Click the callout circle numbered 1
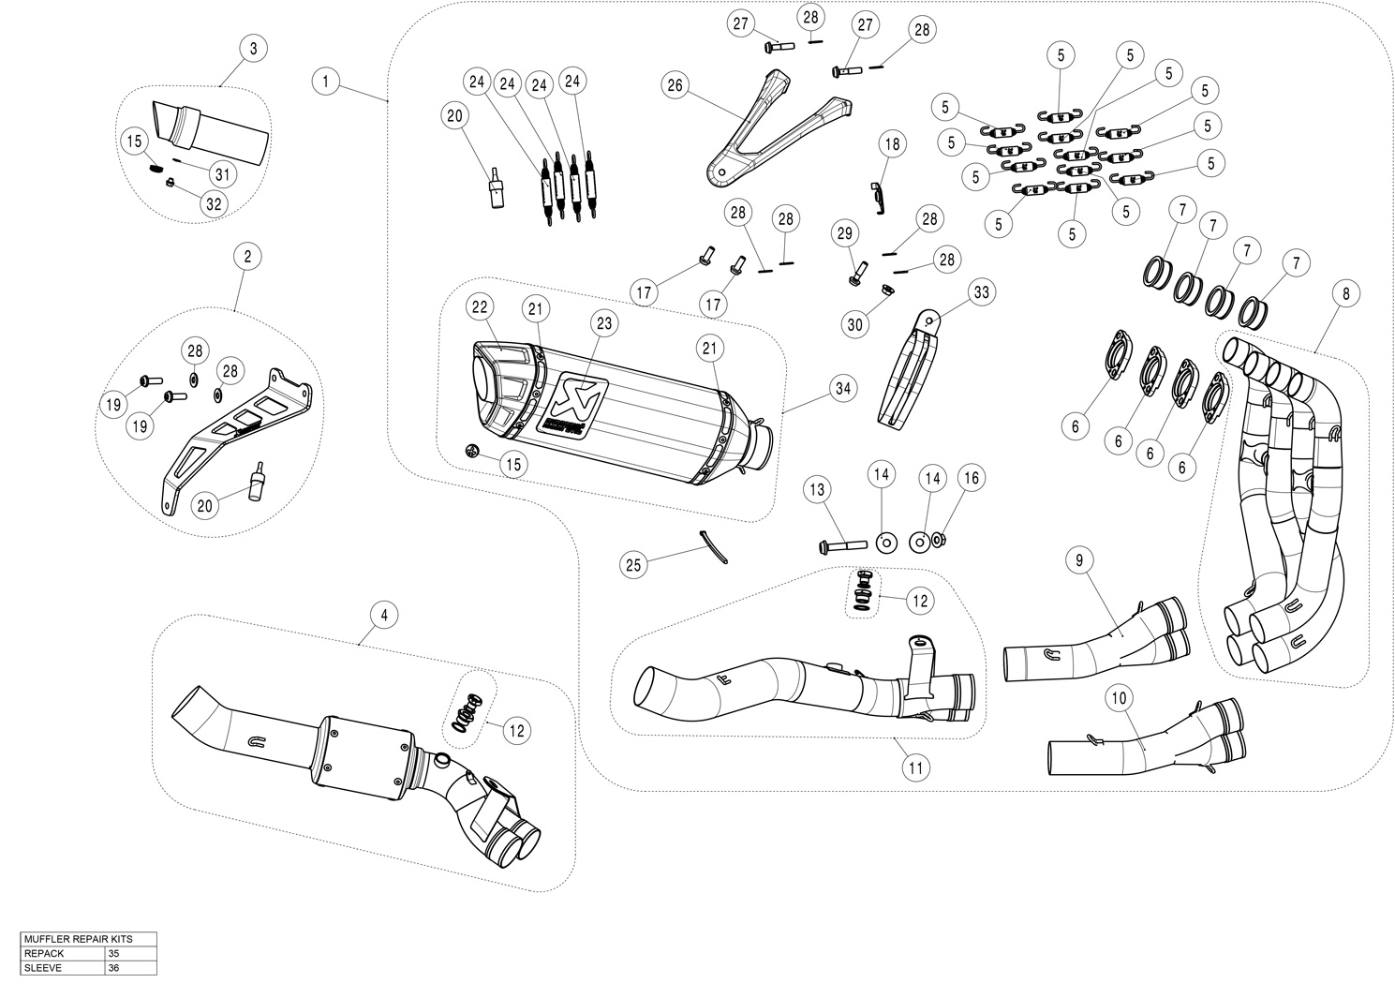[x=325, y=82]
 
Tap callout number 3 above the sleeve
[x=253, y=49]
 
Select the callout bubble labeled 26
[x=675, y=85]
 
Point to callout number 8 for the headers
[x=1345, y=293]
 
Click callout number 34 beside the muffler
[x=844, y=388]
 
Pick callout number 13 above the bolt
[x=818, y=489]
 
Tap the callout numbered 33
[x=981, y=293]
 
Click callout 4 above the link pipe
[x=383, y=615]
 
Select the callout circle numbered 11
[x=916, y=767]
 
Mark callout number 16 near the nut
[x=971, y=479]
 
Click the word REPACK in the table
[x=44, y=953]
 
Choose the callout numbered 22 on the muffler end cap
[x=479, y=306]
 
